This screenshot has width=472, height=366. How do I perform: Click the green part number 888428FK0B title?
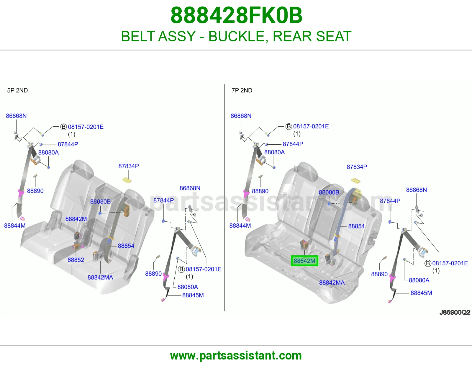(236, 15)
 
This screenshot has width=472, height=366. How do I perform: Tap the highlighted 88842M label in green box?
(304, 261)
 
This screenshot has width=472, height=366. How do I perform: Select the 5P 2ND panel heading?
(18, 90)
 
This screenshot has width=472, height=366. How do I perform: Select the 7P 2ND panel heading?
(242, 90)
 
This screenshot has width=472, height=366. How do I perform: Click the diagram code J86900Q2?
(455, 312)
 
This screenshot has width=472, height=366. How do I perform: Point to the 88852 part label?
(76, 260)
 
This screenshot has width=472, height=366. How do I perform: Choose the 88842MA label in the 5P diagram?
(100, 277)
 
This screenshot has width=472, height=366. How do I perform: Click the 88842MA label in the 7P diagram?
(332, 282)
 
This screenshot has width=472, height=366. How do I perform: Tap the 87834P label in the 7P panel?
(357, 167)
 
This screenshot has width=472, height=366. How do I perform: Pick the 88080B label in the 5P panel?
(100, 202)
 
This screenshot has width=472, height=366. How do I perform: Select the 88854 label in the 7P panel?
(356, 226)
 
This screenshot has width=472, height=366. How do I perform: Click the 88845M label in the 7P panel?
(421, 293)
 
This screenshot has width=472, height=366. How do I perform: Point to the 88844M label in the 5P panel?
(15, 226)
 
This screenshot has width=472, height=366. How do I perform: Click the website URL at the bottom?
(236, 356)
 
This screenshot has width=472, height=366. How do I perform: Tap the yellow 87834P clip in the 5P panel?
(127, 180)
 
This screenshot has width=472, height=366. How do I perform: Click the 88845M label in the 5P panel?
(193, 295)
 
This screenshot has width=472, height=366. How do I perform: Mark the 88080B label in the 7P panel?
(329, 192)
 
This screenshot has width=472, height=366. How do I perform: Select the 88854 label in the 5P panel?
(126, 246)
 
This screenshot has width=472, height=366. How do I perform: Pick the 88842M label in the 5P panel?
(76, 219)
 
